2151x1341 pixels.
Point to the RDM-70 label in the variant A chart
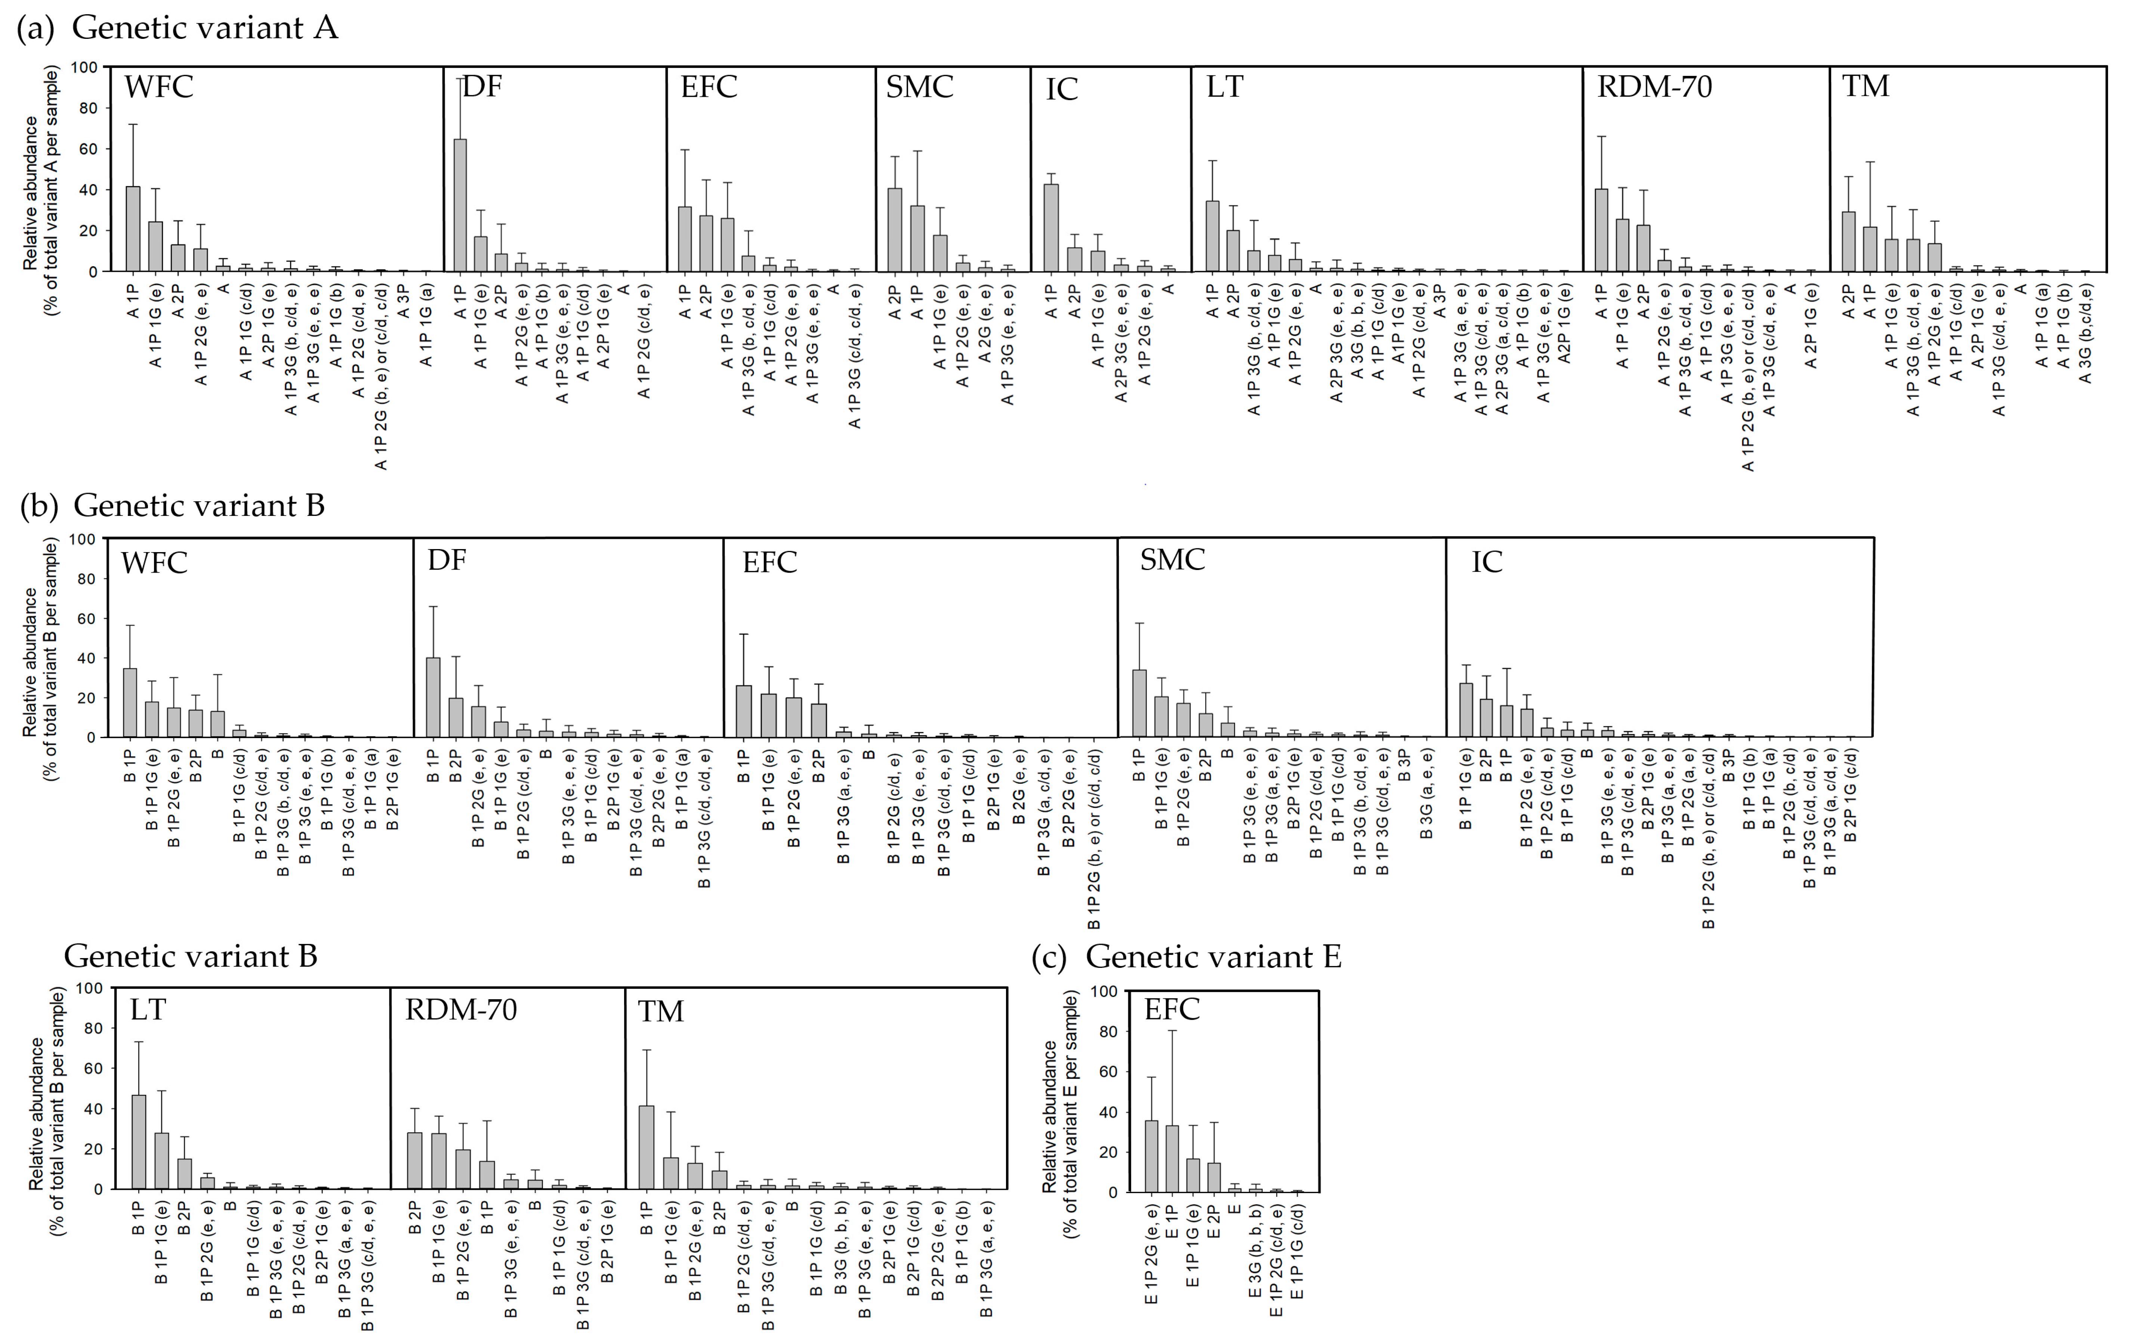tap(1654, 87)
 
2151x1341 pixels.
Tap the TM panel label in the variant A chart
tap(1865, 86)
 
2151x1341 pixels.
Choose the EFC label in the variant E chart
tap(1172, 1009)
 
